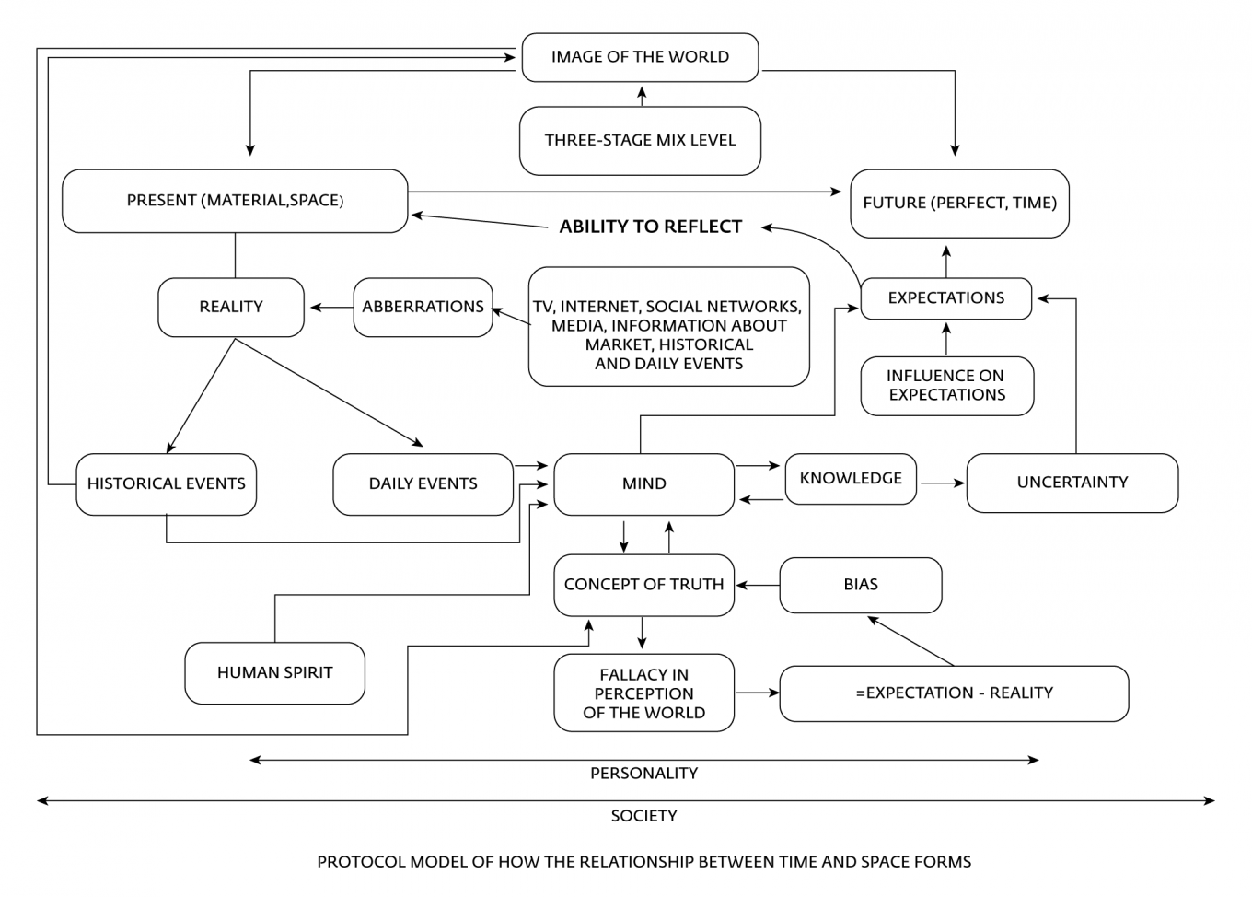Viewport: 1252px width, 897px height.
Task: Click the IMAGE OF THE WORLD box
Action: coord(640,57)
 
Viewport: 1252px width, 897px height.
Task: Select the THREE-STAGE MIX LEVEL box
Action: coord(640,140)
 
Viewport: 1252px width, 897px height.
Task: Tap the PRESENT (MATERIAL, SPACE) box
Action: coord(235,201)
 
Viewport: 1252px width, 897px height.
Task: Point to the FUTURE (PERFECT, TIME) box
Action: coord(959,203)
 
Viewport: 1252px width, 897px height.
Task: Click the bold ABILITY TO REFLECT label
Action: coord(651,227)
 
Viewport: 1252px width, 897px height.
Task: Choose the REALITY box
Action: coord(231,307)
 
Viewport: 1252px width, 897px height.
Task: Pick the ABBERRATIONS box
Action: coord(423,307)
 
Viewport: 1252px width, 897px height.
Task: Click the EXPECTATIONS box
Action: coord(946,298)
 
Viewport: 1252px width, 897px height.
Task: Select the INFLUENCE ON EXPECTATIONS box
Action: coord(947,386)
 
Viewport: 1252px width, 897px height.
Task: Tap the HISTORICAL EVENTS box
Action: coord(166,483)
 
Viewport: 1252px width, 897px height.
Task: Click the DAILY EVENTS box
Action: coord(423,483)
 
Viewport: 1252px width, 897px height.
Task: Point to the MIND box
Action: coord(643,483)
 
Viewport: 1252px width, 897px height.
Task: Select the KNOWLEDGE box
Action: coord(851,479)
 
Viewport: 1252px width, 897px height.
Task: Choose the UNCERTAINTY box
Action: coord(1072,483)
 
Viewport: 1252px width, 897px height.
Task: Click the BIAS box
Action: coord(861,585)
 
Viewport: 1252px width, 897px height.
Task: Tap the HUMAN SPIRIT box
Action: coord(275,672)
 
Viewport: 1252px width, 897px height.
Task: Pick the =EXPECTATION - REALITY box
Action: coord(954,693)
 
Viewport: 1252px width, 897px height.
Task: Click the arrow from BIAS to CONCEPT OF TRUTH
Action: coord(758,586)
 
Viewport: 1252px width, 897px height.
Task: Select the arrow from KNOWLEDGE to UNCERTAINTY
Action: coord(943,483)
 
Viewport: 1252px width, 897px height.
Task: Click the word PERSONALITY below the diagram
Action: coord(643,774)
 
